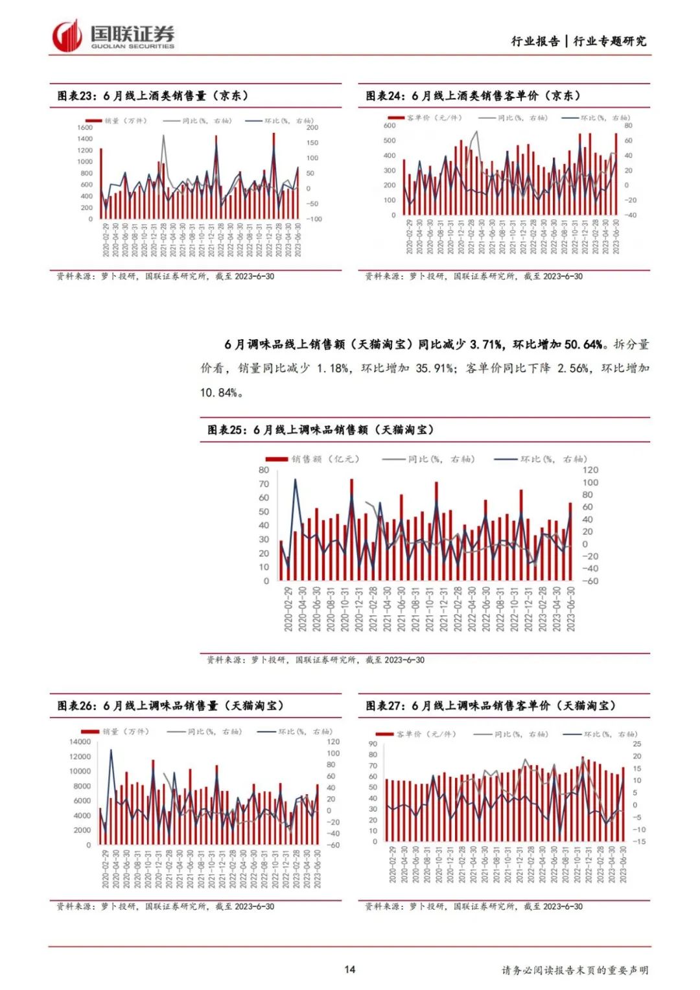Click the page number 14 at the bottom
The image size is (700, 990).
pos(349,969)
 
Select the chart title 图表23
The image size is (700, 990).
pos(153,96)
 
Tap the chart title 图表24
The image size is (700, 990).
pos(472,96)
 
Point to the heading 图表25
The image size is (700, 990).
pos(320,430)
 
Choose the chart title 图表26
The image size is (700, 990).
pos(170,705)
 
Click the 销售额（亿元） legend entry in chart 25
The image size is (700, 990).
pos(312,459)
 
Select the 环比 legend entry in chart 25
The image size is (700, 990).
pos(541,459)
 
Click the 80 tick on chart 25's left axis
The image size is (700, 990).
pos(264,470)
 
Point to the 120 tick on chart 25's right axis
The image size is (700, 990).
pos(590,470)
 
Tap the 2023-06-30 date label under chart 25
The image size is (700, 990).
pos(571,609)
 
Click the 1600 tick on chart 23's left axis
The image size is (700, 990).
pos(85,128)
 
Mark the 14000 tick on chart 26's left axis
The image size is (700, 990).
pos(80,742)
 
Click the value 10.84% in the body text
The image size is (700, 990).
pos(219,392)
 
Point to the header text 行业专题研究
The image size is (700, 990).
pos(610,41)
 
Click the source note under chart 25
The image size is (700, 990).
pos(316,660)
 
